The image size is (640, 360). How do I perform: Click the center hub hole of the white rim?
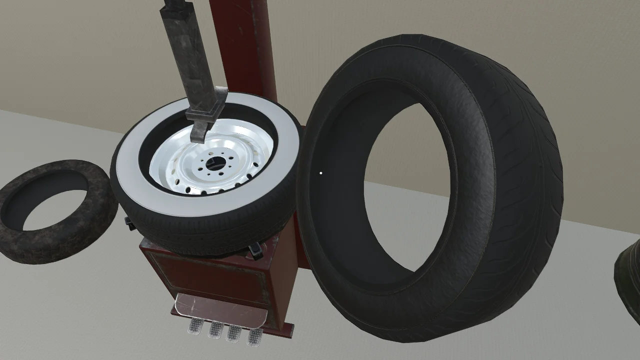click(x=214, y=162)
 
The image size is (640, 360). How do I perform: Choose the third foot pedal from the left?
click(x=234, y=333)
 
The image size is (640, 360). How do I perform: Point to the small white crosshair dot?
click(x=320, y=173)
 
